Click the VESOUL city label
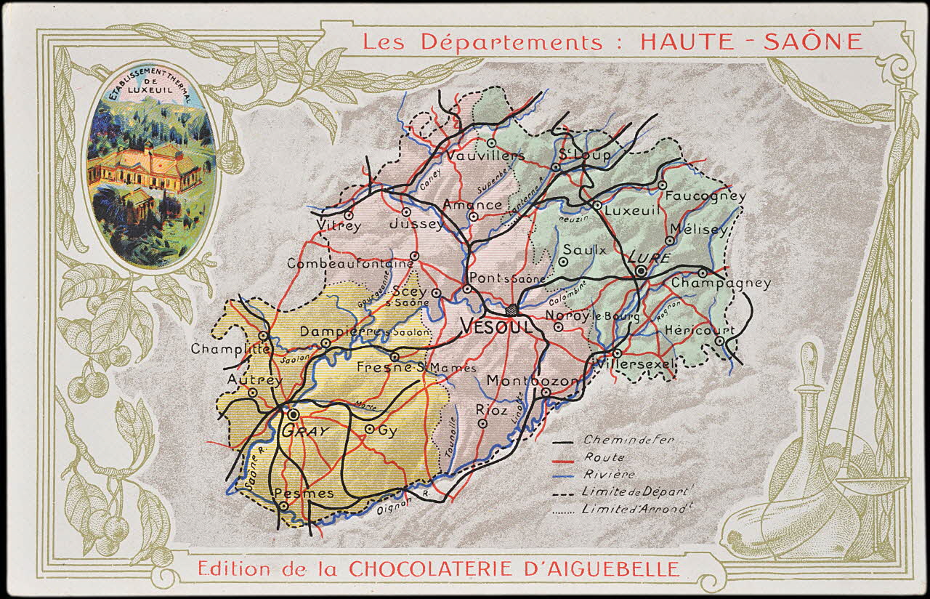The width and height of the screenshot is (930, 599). pyautogui.click(x=497, y=326)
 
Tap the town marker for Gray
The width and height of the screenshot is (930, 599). pyautogui.click(x=293, y=414)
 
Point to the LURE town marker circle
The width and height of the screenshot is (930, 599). pyautogui.click(x=640, y=271)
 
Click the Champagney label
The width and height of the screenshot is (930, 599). pyautogui.click(x=721, y=284)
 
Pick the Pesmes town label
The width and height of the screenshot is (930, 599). pyautogui.click(x=304, y=494)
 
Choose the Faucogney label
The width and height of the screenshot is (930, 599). pyautogui.click(x=705, y=196)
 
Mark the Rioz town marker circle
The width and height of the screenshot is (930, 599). pyautogui.click(x=482, y=422)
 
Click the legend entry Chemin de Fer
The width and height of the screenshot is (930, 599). pyautogui.click(x=618, y=441)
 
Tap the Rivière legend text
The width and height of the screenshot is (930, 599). pyautogui.click(x=608, y=475)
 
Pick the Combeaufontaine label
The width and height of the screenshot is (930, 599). pyautogui.click(x=349, y=265)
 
